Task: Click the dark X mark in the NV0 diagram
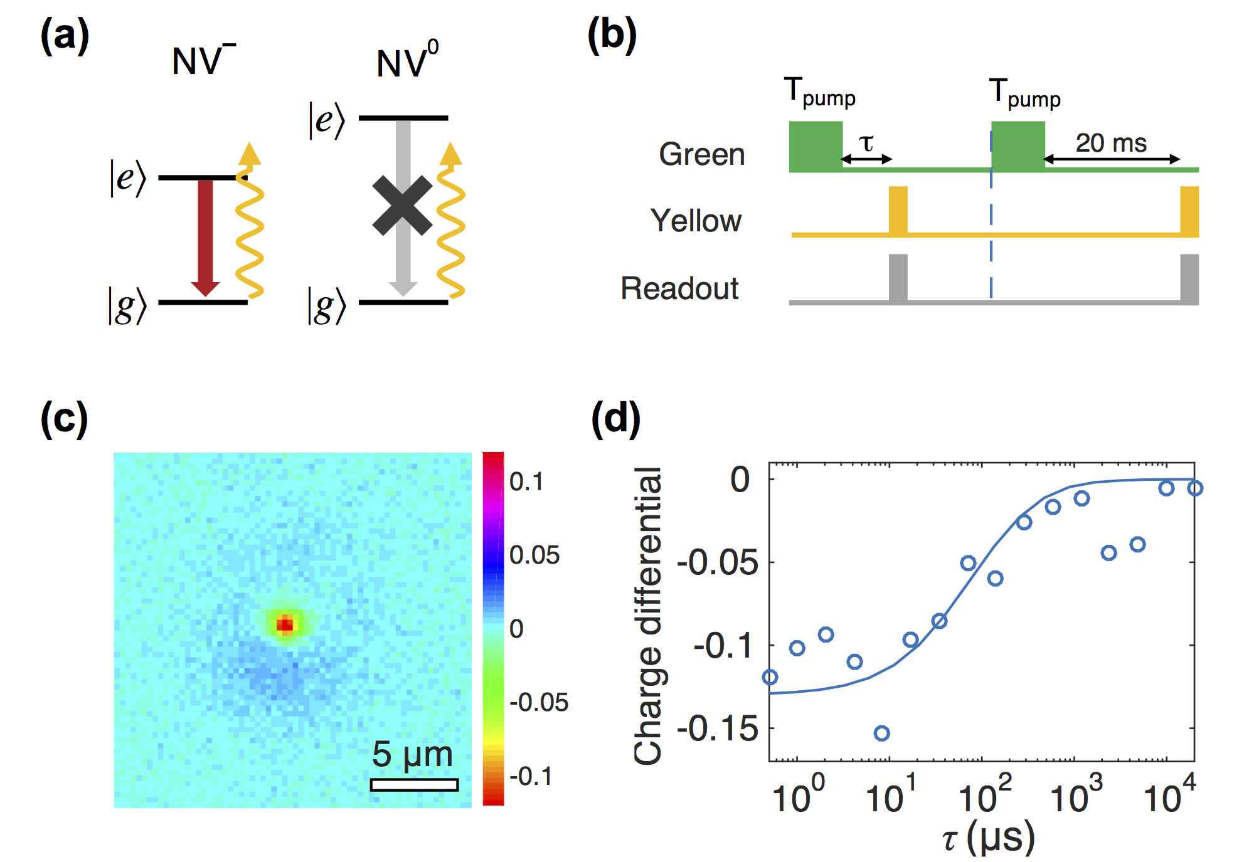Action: click(402, 206)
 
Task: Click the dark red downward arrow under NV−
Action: click(205, 235)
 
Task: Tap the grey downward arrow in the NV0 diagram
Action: click(403, 263)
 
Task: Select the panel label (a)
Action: click(65, 36)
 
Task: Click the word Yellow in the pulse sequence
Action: click(696, 221)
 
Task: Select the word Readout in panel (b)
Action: click(679, 288)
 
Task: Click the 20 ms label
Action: click(1111, 143)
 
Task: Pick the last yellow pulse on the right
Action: click(1189, 210)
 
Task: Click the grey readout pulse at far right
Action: click(1189, 278)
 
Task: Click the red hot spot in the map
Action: click(285, 624)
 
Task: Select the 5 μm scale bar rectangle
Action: click(414, 784)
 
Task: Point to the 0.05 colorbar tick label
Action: click(534, 555)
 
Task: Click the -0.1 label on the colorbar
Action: click(531, 776)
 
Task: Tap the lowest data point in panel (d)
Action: click(882, 733)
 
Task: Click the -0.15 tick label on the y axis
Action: click(718, 728)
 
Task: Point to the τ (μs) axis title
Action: click(988, 838)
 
